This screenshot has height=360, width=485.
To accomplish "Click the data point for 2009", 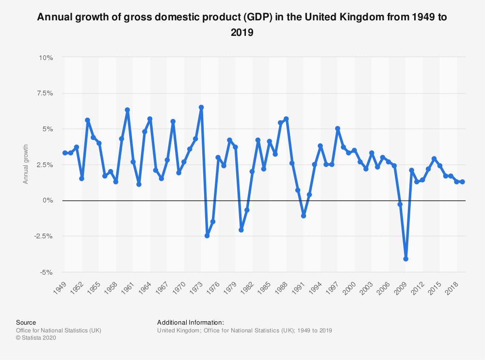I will (x=405, y=259).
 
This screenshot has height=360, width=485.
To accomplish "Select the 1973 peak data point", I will (x=201, y=108).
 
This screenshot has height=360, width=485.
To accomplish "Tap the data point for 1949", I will (x=65, y=153).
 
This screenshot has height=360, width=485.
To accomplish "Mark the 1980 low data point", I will (x=241, y=230).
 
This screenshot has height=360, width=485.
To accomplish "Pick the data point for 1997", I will (x=338, y=129).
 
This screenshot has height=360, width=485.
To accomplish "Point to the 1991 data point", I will (x=304, y=216).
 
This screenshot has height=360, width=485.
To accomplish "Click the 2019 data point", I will (x=463, y=182).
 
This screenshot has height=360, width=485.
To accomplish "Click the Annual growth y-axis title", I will (x=26, y=165).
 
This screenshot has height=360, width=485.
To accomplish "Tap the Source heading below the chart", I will (x=26, y=322).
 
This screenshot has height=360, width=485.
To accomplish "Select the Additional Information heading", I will (x=191, y=322).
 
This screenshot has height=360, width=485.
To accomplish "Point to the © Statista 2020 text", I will (x=36, y=338).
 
